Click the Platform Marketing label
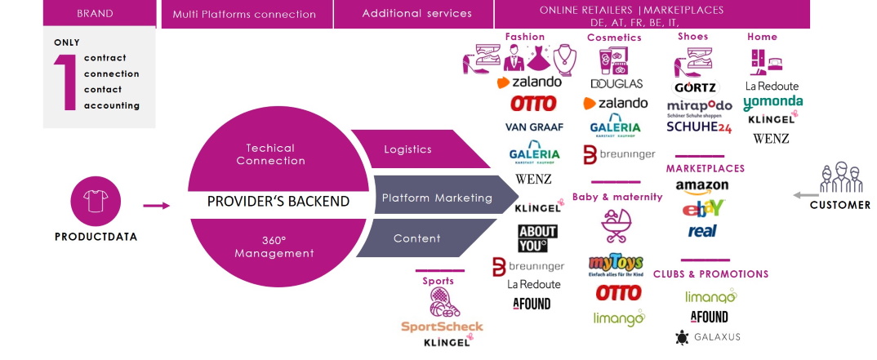(x=437, y=198)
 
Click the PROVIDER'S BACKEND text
(x=278, y=201)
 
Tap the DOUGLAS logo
(x=617, y=83)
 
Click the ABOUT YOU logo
(x=538, y=238)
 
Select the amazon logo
(x=702, y=187)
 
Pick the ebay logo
(x=702, y=208)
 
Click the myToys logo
(x=617, y=265)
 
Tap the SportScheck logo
(x=442, y=326)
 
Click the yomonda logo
(x=772, y=103)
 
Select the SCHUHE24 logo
(x=698, y=127)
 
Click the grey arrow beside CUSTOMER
(x=807, y=195)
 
